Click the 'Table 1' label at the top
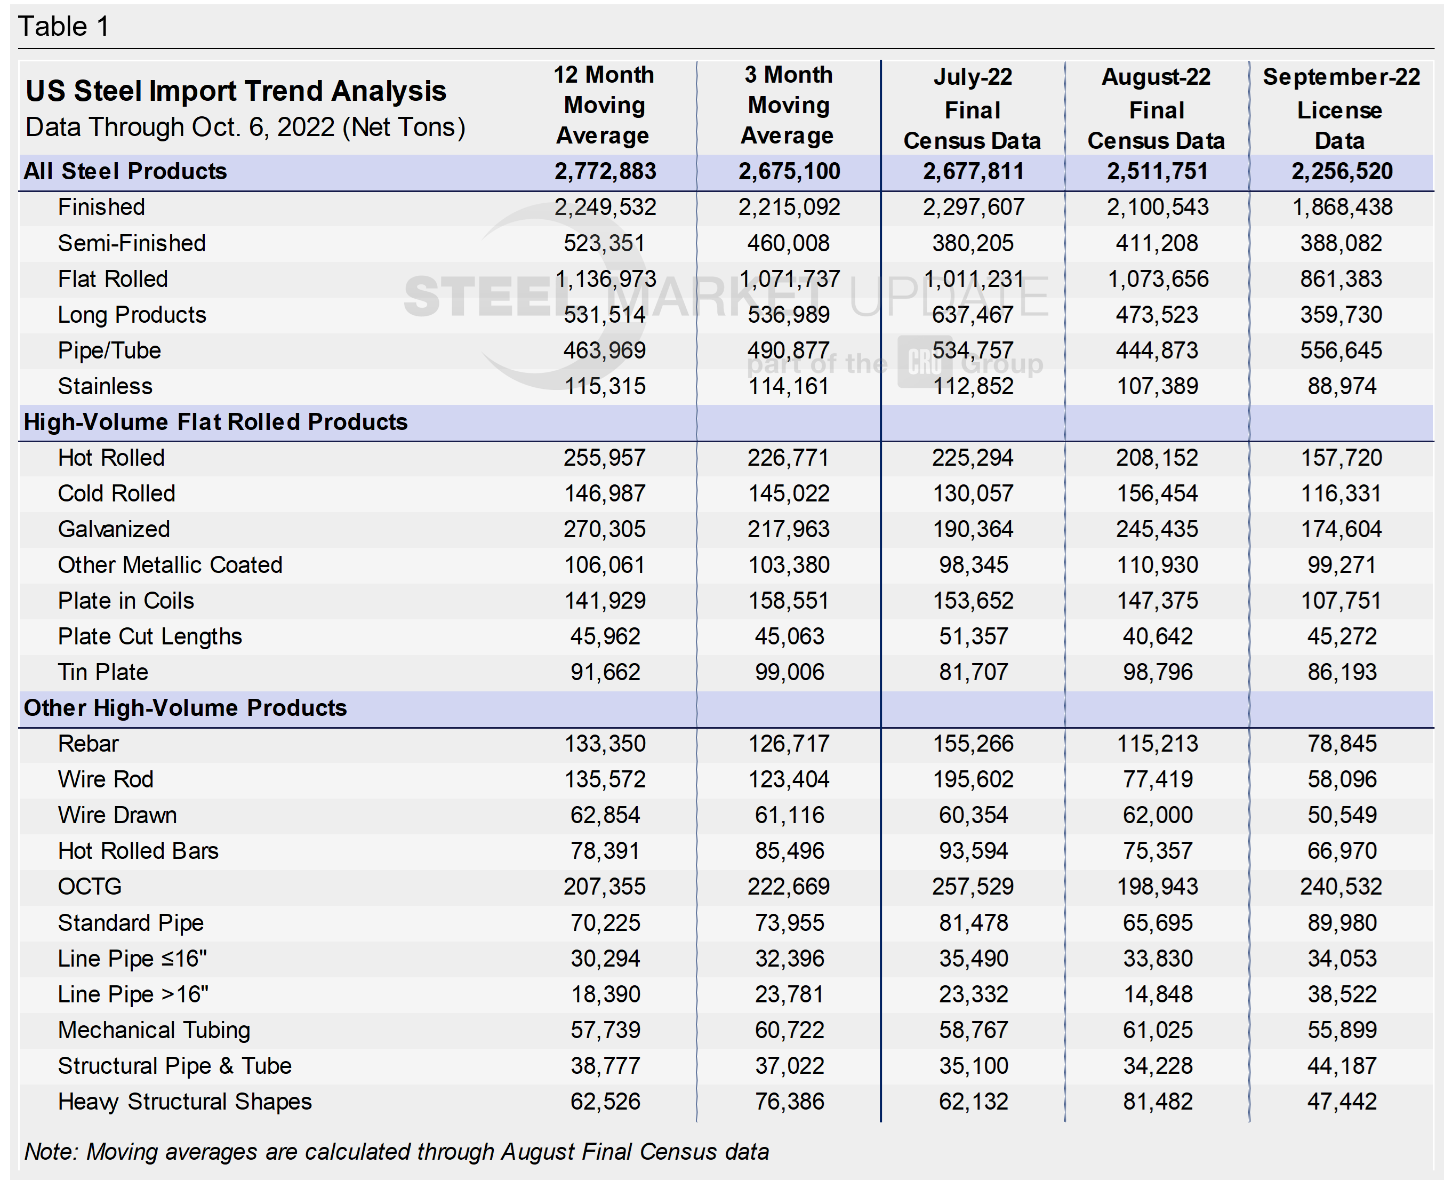click(63, 27)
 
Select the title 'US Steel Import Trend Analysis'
click(236, 90)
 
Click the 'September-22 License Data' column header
click(1341, 108)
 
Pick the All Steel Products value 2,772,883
click(605, 171)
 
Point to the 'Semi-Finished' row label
click(131, 243)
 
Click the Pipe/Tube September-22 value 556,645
click(1341, 350)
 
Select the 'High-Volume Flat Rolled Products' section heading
click(215, 422)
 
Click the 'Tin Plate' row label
click(102, 672)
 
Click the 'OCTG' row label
click(90, 887)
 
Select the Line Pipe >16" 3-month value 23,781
click(789, 994)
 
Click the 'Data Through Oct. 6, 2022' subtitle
click(245, 127)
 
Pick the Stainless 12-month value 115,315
click(605, 387)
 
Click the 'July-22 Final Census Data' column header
click(973, 108)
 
